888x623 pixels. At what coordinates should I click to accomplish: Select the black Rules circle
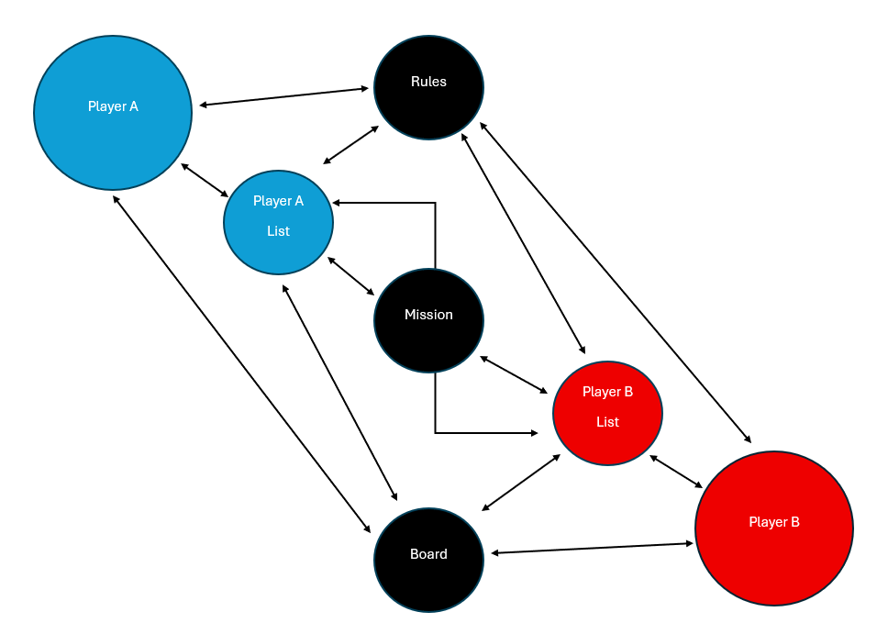pyautogui.click(x=428, y=101)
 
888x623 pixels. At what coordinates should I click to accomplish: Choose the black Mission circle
pyautogui.click(x=428, y=335)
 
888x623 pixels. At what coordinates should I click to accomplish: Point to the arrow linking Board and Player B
pyautogui.click(x=593, y=548)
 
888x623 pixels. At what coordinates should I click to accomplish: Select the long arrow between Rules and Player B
pyautogui.click(x=616, y=284)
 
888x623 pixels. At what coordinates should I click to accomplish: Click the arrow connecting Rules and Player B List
pyautogui.click(x=523, y=243)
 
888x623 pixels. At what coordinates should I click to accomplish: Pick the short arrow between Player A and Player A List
pyautogui.click(x=205, y=180)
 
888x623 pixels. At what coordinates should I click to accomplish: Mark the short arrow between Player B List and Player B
pyautogui.click(x=676, y=471)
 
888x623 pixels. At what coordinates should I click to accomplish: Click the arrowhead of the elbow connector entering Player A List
pyautogui.click(x=338, y=203)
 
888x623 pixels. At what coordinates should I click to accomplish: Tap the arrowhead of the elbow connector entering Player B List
pyautogui.click(x=533, y=432)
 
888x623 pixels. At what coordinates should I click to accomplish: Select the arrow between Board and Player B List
pyautogui.click(x=521, y=482)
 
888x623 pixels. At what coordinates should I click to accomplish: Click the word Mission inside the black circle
pyautogui.click(x=428, y=315)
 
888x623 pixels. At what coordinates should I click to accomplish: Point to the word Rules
pyautogui.click(x=428, y=82)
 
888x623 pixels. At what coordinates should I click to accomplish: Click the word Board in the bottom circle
pyautogui.click(x=428, y=554)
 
